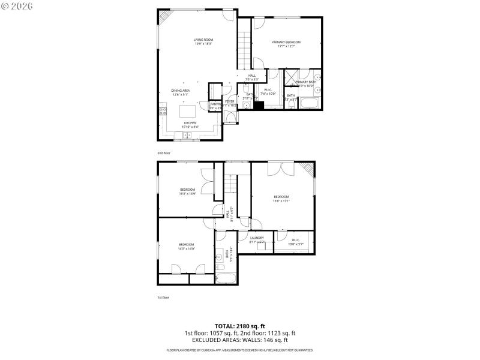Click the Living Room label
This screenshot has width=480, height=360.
tap(203, 40)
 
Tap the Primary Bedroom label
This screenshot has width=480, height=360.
tap(286, 42)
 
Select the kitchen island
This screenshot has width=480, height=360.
tap(188, 111)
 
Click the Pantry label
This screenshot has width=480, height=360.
tap(215, 104)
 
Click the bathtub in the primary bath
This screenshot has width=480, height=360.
tap(310, 104)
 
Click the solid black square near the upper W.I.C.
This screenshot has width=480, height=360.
tap(259, 106)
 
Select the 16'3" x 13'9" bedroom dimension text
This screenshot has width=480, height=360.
tap(188, 194)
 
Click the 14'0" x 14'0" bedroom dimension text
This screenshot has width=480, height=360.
tap(186, 248)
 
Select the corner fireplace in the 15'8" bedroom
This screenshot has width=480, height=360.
tap(308, 168)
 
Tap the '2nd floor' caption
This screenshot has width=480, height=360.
tap(164, 153)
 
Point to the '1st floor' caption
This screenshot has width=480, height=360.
tap(163, 297)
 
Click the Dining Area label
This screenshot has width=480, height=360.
tap(181, 91)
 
